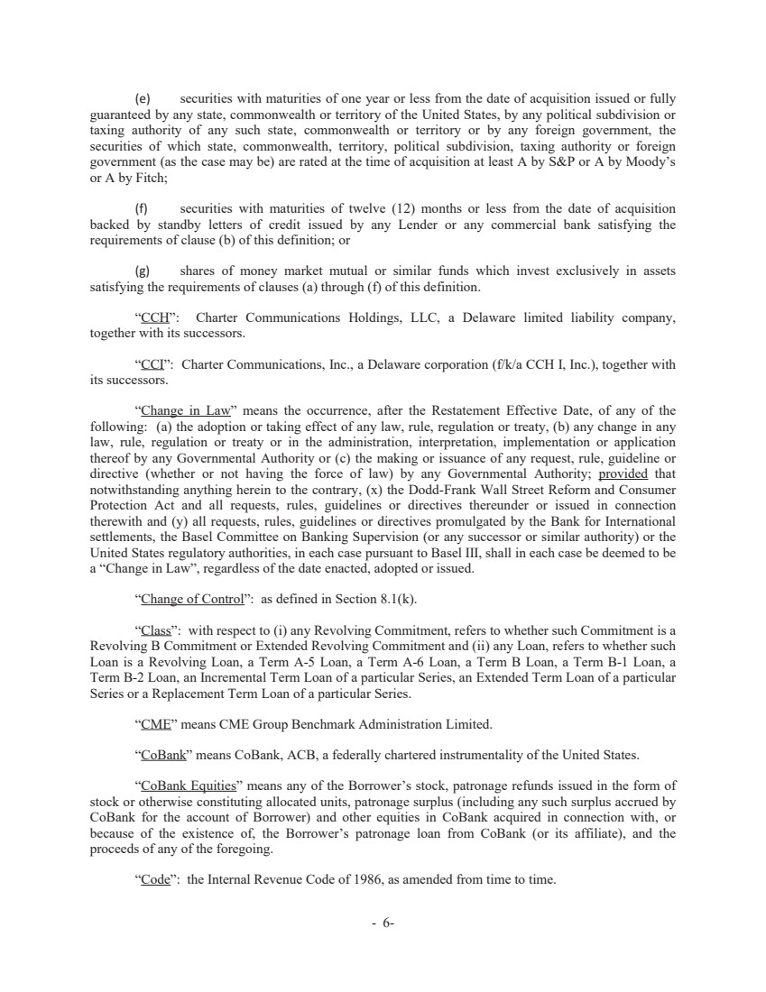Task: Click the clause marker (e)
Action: pyautogui.click(x=142, y=98)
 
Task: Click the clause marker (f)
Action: pyautogui.click(x=142, y=210)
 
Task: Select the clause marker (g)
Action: pyautogui.click(x=142, y=271)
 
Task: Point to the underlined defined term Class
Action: pyautogui.click(x=154, y=630)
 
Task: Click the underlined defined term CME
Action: pyautogui.click(x=152, y=723)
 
